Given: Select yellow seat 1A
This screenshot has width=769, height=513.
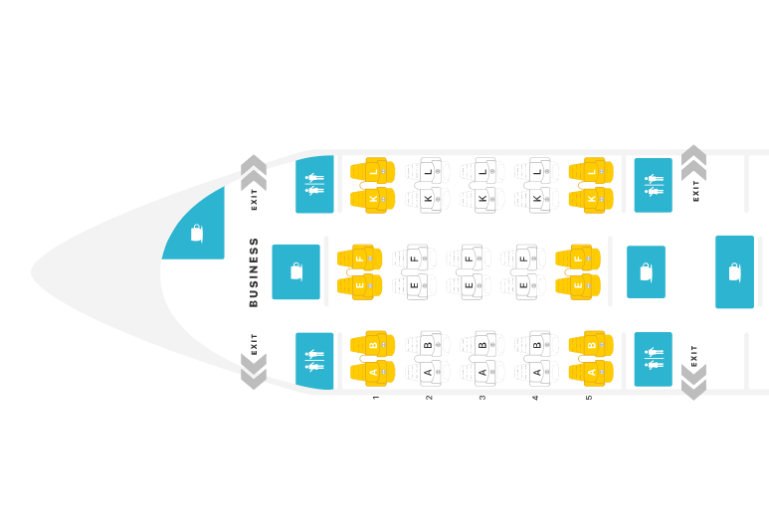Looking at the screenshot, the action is tap(373, 374).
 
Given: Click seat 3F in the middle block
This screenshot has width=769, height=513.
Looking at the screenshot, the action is tap(469, 258).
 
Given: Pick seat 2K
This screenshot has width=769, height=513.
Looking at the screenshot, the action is tap(428, 199).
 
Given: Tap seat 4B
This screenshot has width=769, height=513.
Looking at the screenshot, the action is tap(536, 344).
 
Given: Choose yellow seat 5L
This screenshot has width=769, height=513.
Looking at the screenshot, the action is tap(591, 171).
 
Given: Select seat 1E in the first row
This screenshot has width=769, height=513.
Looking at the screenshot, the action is tap(359, 285).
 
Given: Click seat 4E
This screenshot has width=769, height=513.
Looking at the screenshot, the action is tap(523, 285).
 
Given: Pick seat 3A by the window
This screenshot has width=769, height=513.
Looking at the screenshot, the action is tap(482, 374).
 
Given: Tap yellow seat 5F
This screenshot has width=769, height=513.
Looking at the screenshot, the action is tap(578, 258).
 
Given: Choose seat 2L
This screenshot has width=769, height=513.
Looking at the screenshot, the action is tap(428, 171).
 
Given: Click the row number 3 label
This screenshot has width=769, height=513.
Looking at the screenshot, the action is tap(482, 398).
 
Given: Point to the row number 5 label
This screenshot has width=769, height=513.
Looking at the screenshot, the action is tap(589, 398).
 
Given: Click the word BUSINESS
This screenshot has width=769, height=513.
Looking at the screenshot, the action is tap(254, 272).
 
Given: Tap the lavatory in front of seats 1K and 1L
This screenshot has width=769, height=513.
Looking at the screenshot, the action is tap(314, 185).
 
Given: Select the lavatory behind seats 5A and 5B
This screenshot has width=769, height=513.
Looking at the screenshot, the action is tap(654, 359).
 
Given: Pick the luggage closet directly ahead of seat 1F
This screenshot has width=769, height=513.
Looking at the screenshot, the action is tap(295, 272).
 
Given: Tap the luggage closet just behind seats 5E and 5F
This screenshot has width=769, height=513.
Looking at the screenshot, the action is tap(646, 272).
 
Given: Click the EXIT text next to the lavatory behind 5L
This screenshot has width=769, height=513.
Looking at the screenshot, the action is tap(695, 191).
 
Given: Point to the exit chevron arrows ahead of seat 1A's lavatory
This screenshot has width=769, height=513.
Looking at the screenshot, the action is tap(254, 372).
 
